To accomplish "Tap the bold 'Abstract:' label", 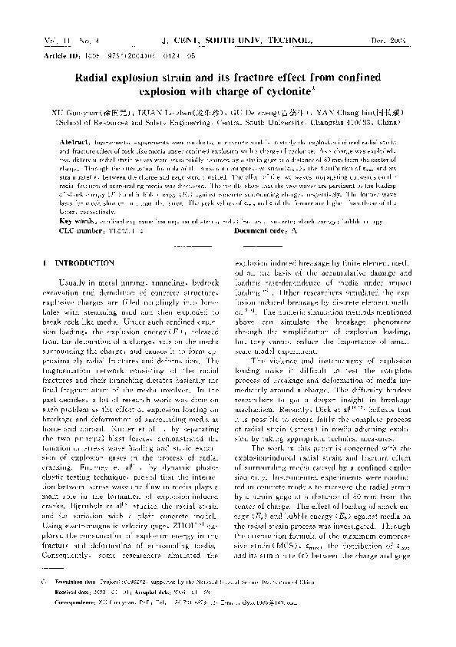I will coord(72,143).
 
